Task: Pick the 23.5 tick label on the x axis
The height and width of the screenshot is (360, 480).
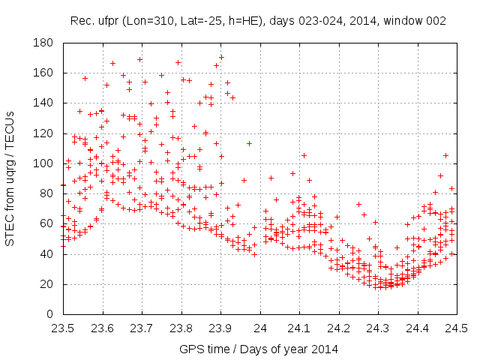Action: tap(63, 328)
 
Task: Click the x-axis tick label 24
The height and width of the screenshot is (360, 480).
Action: tap(260, 328)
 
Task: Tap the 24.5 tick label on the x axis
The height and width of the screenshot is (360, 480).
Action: tap(457, 328)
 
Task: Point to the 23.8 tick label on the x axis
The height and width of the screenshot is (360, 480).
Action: tap(181, 328)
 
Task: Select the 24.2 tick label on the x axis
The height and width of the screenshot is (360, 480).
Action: tap(339, 328)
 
